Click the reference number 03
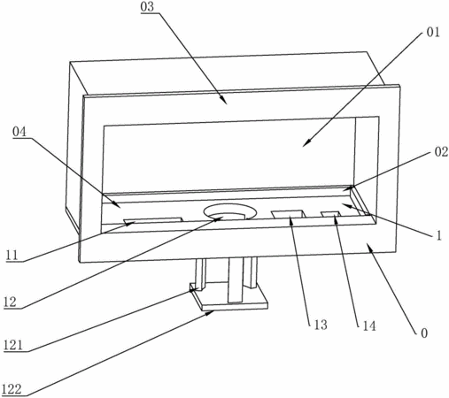pyautogui.click(x=147, y=7)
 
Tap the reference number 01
pyautogui.click(x=433, y=32)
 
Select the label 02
pyautogui.click(x=441, y=152)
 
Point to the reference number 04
pyautogui.click(x=19, y=132)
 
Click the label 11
pyautogui.click(x=12, y=255)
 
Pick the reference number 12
pyautogui.click(x=11, y=302)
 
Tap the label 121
pyautogui.click(x=13, y=345)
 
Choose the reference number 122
pyautogui.click(x=12, y=389)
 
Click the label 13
pyautogui.click(x=321, y=325)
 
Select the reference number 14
pyautogui.click(x=369, y=325)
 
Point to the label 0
pyautogui.click(x=424, y=333)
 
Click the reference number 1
pyautogui.click(x=439, y=235)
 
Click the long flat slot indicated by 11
pyautogui.click(x=153, y=220)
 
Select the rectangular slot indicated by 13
pyautogui.click(x=289, y=214)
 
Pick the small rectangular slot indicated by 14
pyautogui.click(x=331, y=214)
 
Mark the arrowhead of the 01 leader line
pyautogui.click(x=307, y=143)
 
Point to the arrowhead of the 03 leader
pyautogui.click(x=224, y=100)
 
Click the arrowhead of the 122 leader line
pyautogui.click(x=210, y=313)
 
